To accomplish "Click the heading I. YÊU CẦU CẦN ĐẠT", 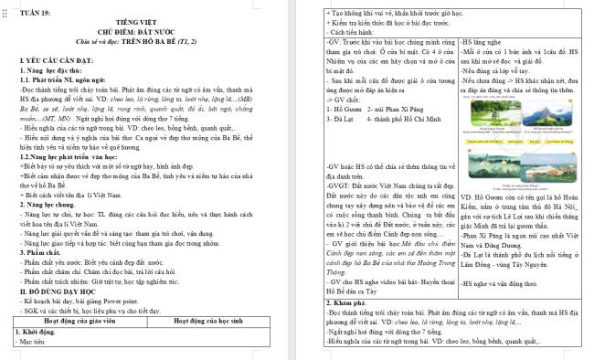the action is (x=58, y=59).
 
